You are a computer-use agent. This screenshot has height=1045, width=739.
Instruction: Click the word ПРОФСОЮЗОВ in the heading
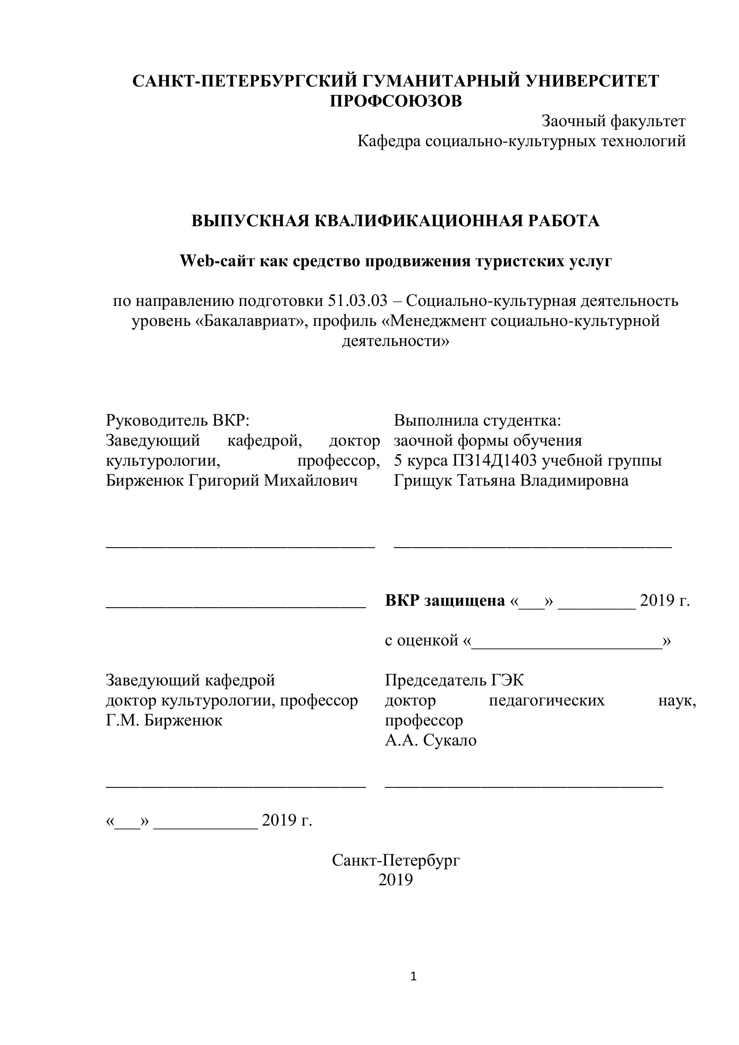(396, 101)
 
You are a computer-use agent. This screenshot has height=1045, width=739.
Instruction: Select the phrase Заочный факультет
(614, 121)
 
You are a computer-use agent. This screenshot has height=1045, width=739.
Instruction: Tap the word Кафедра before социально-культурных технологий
(389, 141)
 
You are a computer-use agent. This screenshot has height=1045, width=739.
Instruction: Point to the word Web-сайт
(218, 261)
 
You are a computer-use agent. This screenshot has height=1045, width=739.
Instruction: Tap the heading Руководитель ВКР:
(178, 420)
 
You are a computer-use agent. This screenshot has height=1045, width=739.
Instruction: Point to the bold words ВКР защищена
(445, 601)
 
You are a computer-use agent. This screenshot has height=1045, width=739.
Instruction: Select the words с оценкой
(421, 640)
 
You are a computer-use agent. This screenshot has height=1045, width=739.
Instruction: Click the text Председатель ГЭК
(454, 680)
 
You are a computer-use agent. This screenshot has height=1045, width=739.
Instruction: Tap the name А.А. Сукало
(431, 741)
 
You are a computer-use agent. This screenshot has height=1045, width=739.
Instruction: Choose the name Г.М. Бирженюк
(164, 720)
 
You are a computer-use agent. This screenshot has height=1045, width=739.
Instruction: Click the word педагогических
(546, 700)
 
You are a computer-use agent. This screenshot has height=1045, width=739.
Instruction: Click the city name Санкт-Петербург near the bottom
(396, 860)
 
